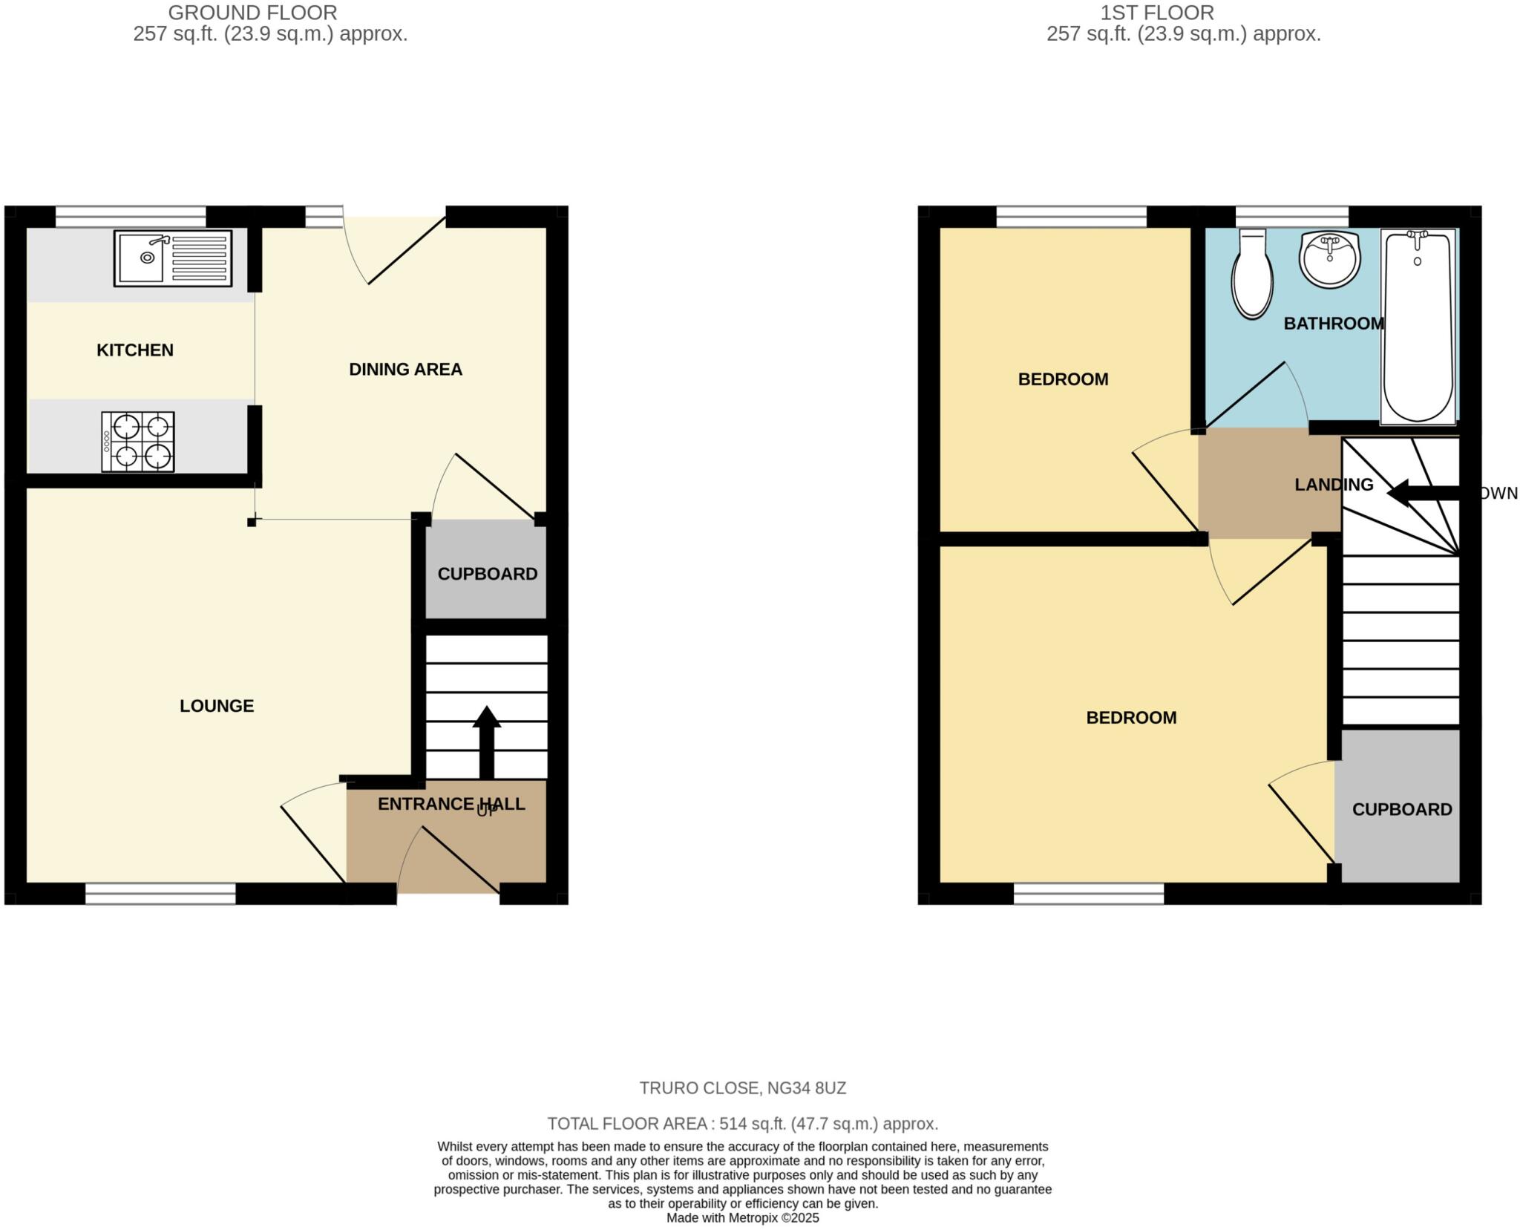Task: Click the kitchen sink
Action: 172,258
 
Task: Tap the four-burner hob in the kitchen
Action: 138,442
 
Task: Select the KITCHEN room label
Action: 135,350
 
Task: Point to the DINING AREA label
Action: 405,369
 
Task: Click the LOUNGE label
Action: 217,706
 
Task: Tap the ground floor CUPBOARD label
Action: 487,574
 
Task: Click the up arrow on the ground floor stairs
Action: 486,739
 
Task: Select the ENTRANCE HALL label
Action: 451,804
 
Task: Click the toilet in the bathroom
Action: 1252,275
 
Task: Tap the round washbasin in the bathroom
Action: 1329,259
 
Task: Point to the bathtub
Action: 1418,327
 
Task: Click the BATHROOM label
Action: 1334,324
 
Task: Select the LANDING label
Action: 1334,485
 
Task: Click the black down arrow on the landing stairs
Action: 1421,493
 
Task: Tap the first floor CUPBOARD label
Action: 1401,810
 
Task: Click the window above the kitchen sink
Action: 131,217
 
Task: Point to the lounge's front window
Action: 160,894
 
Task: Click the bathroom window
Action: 1291,217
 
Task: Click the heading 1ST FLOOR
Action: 1156,13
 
